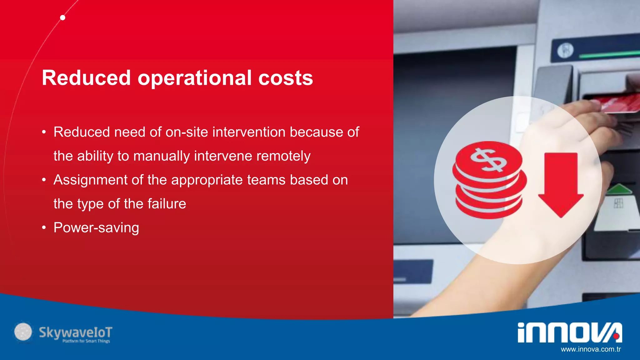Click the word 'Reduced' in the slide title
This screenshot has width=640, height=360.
(x=86, y=78)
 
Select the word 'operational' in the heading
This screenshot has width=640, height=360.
(x=194, y=78)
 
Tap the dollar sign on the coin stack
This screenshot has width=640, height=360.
(x=488, y=160)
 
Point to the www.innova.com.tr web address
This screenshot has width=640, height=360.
(x=591, y=349)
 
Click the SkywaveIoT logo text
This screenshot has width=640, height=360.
(x=75, y=332)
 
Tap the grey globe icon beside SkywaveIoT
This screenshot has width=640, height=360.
(x=23, y=332)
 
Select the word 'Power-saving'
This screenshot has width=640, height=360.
(x=96, y=227)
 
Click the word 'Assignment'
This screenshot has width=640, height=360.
(x=91, y=180)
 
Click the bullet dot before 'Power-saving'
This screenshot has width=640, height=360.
(x=44, y=227)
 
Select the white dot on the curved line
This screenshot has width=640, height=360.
(x=63, y=18)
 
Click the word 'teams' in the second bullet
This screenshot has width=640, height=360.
(x=266, y=180)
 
